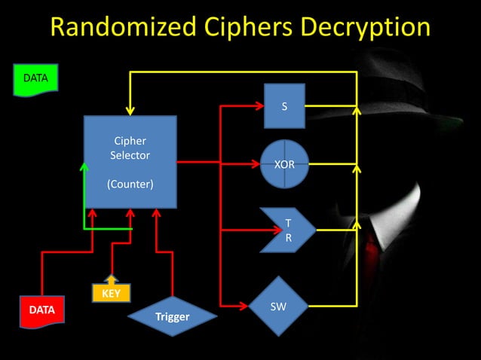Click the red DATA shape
point(41,309)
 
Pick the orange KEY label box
point(111,293)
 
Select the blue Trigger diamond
point(172,316)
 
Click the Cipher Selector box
point(130,161)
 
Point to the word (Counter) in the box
point(130,184)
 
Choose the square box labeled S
point(284,106)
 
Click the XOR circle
point(284,163)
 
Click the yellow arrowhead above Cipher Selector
point(131,109)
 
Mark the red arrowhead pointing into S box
point(259,106)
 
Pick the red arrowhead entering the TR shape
point(255,229)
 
